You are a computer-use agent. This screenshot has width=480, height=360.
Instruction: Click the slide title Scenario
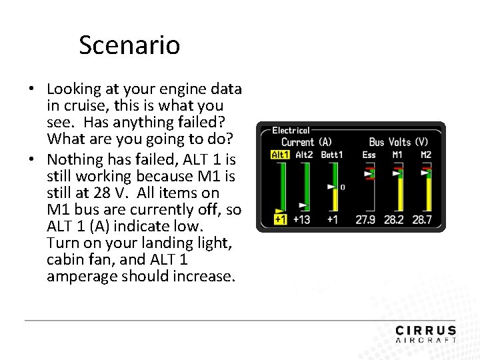[x=129, y=45]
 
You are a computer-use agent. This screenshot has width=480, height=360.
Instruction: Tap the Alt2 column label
[x=304, y=155]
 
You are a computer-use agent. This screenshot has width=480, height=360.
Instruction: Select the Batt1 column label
[x=332, y=155]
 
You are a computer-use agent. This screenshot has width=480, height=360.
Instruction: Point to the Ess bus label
[x=369, y=155]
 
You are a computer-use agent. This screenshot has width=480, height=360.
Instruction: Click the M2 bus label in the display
[x=426, y=155]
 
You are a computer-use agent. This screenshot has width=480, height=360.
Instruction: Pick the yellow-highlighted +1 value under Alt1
[x=280, y=219]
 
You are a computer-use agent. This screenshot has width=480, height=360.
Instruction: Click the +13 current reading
[x=301, y=219]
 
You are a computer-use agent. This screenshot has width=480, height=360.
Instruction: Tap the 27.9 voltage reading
[x=365, y=219]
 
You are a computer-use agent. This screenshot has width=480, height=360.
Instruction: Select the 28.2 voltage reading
[x=394, y=219]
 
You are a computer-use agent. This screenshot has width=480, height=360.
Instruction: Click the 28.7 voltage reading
[x=423, y=219]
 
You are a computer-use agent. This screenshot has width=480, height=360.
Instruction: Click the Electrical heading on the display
[x=291, y=131]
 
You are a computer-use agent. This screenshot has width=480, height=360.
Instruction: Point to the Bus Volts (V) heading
[x=399, y=142]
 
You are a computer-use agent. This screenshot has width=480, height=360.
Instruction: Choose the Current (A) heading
[x=306, y=142]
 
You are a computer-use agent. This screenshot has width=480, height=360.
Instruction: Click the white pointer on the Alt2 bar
[x=304, y=204]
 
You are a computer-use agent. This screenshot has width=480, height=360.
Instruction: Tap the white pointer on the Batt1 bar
[x=331, y=187]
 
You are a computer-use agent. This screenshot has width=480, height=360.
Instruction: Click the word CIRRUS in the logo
[x=425, y=331]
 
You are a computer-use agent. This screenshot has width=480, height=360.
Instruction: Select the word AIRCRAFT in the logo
[x=425, y=340]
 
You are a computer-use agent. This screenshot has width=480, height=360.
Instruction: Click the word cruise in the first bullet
[x=85, y=105]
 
